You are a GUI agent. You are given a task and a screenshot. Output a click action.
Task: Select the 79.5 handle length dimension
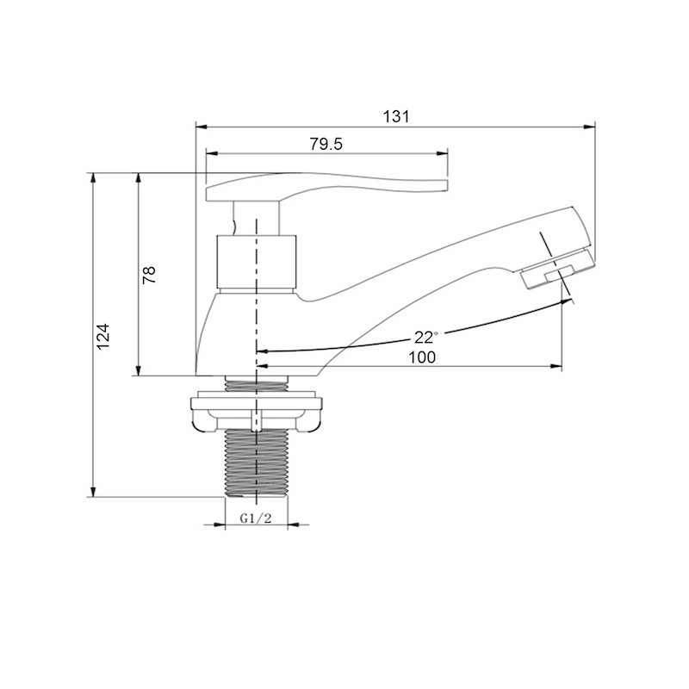[326, 145]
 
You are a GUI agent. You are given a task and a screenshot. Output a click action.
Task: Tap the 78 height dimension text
[149, 275]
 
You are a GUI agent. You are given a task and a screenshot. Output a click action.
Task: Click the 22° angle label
[425, 336]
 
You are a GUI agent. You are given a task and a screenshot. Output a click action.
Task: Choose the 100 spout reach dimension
[422, 357]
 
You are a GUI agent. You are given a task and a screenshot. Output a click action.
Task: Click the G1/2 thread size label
[256, 518]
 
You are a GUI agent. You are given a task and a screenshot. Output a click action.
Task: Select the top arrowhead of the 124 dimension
[93, 177]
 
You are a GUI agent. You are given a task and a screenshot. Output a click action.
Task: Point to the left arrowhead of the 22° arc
[261, 351]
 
